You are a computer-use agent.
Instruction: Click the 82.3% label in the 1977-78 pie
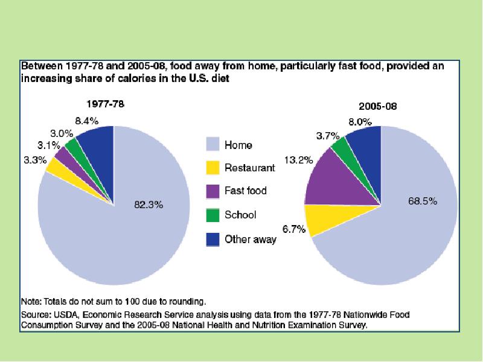(148, 205)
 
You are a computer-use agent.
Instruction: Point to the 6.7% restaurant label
(293, 229)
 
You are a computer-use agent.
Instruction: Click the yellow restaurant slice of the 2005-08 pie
(323, 218)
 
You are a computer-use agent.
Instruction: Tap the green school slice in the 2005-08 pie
(339, 147)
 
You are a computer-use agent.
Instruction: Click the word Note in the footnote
(31, 300)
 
